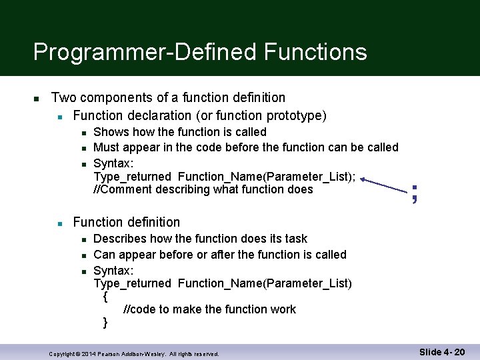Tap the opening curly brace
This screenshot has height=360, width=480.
(105, 297)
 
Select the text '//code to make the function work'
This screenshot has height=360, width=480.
(209, 309)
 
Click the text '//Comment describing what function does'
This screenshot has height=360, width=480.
(203, 189)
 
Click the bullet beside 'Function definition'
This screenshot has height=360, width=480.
(59, 223)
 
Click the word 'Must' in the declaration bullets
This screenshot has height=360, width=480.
(106, 147)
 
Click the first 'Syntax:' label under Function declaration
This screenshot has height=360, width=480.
(113, 163)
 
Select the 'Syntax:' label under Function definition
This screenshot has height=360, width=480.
(113, 271)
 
